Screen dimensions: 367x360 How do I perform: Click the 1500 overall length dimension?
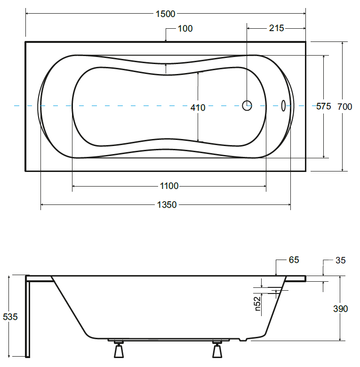[x=165, y=14]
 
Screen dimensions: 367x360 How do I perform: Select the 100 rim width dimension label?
[x=185, y=29]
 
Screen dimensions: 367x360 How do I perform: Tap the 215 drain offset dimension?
[x=276, y=28]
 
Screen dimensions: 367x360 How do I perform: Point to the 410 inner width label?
[x=198, y=107]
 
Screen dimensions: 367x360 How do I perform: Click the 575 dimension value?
[x=323, y=106]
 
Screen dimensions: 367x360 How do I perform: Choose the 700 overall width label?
[x=344, y=106]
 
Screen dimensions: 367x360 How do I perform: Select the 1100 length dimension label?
[x=169, y=186]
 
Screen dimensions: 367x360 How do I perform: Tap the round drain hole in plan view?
[x=247, y=106]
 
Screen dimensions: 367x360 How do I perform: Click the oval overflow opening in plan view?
[x=283, y=106]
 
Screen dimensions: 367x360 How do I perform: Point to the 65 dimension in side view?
[x=294, y=260]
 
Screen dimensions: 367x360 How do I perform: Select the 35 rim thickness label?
[x=341, y=260]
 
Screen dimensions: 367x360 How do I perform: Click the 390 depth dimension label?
[x=340, y=309]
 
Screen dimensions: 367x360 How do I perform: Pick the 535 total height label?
[x=10, y=317]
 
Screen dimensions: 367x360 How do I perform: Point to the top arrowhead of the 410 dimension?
[x=198, y=73]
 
